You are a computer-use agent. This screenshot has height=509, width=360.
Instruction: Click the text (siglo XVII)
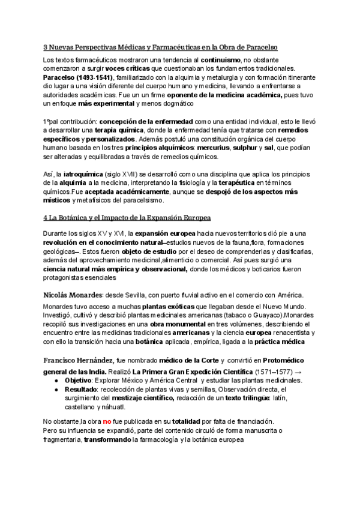[x=129, y=174]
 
